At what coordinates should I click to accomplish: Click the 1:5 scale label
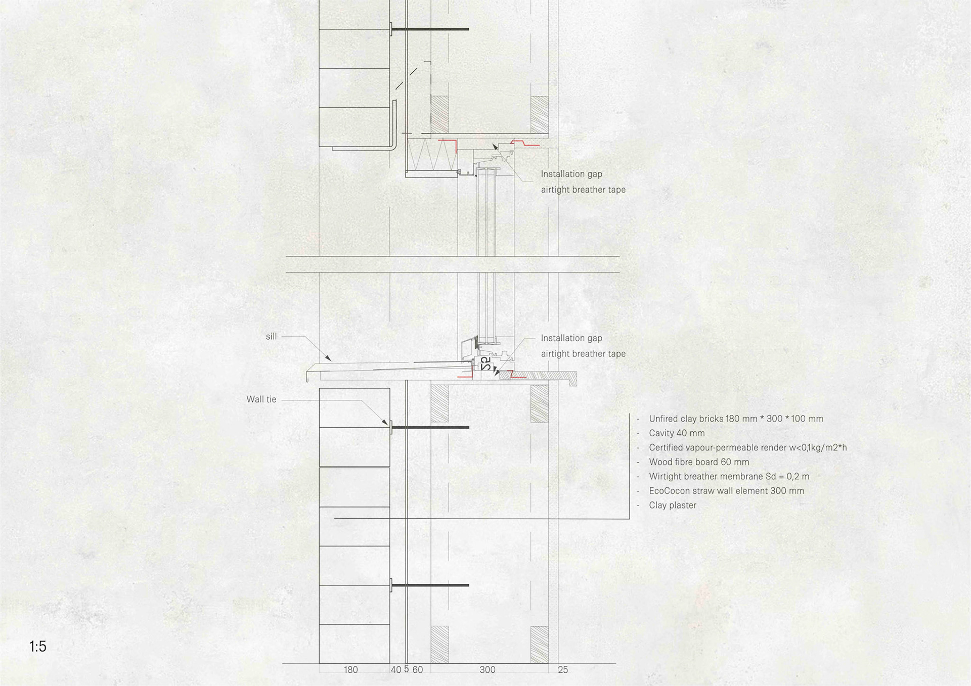(x=38, y=647)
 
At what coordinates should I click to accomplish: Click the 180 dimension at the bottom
(x=350, y=670)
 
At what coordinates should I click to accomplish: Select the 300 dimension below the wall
(x=488, y=670)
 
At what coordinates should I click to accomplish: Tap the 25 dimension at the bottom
(x=563, y=670)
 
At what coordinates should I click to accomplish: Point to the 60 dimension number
(x=418, y=670)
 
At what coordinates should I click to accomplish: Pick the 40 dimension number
(x=396, y=670)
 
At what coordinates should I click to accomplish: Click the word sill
(x=272, y=337)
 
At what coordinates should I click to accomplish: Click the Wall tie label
(x=261, y=399)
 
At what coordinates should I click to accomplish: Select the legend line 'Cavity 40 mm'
(x=677, y=433)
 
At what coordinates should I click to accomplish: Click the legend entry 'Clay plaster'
(x=673, y=506)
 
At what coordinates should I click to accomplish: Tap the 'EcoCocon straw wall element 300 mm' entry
(x=726, y=491)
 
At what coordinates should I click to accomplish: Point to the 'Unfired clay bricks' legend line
(x=736, y=419)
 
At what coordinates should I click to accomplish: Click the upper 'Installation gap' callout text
(x=571, y=174)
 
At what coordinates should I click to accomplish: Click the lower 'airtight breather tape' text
(x=583, y=354)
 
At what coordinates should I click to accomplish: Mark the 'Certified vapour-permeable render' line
(x=747, y=448)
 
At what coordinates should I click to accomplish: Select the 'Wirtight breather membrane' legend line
(x=729, y=477)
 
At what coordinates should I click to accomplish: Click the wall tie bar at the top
(x=429, y=29)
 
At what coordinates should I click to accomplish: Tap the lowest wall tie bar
(x=429, y=585)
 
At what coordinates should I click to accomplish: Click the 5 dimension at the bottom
(x=406, y=669)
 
